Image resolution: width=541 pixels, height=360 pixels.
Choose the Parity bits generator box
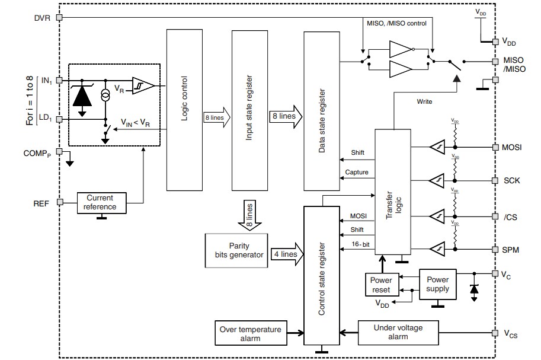click(x=236, y=250)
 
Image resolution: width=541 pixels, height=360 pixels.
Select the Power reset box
click(x=380, y=285)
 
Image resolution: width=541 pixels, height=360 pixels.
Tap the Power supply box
click(x=437, y=284)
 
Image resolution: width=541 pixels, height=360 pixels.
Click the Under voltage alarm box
click(x=398, y=332)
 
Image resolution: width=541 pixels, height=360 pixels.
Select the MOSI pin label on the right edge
click(x=511, y=147)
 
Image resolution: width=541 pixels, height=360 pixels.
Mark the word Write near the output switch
click(x=424, y=101)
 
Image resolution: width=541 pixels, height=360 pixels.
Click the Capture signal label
click(x=356, y=173)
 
